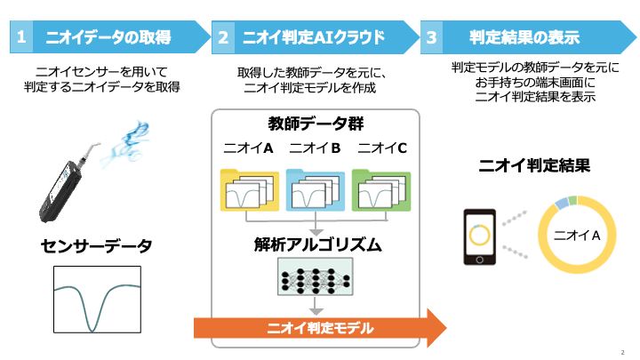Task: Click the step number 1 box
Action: tap(21, 37)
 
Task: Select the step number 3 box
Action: tap(432, 37)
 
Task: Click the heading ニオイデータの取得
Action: tap(120, 37)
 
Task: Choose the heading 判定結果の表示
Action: tap(524, 37)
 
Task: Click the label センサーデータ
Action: tap(96, 244)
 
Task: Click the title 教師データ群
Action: tap(314, 124)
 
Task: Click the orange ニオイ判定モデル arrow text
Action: tap(321, 329)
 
